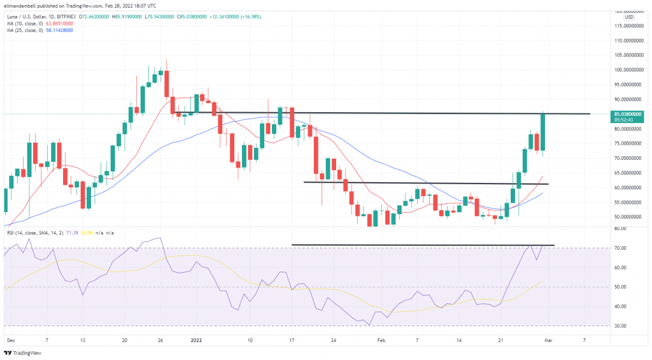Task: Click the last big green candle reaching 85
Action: pos(542,134)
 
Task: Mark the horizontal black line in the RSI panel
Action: pos(423,245)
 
